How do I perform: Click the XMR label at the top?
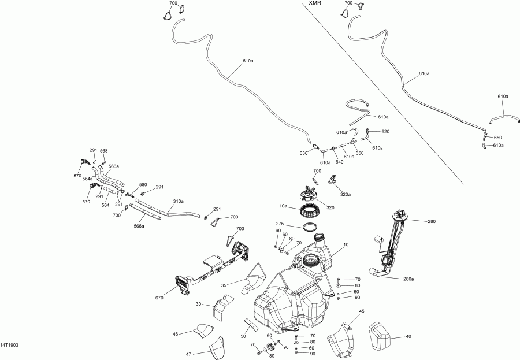tap(315, 3)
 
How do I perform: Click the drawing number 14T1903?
tap(10, 344)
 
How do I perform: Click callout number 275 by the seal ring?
tap(280, 224)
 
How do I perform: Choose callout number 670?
tap(159, 298)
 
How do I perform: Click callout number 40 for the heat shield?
tap(408, 336)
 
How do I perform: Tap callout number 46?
tap(176, 333)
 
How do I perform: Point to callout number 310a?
tap(179, 201)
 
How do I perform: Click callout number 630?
tap(303, 154)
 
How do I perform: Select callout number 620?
tap(385, 132)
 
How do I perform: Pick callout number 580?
tap(143, 185)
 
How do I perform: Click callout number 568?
tap(104, 151)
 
